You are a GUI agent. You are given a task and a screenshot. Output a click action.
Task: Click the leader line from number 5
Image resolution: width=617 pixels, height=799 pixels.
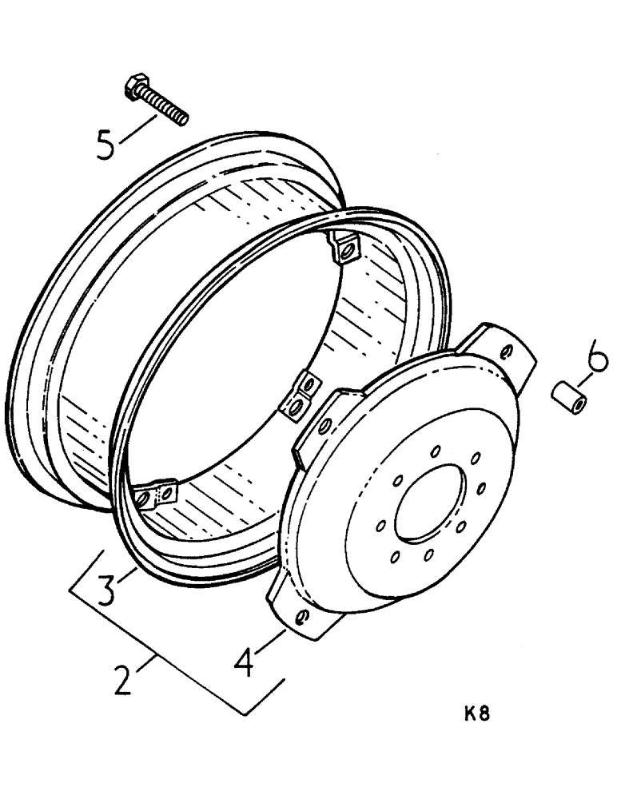(x=137, y=128)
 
